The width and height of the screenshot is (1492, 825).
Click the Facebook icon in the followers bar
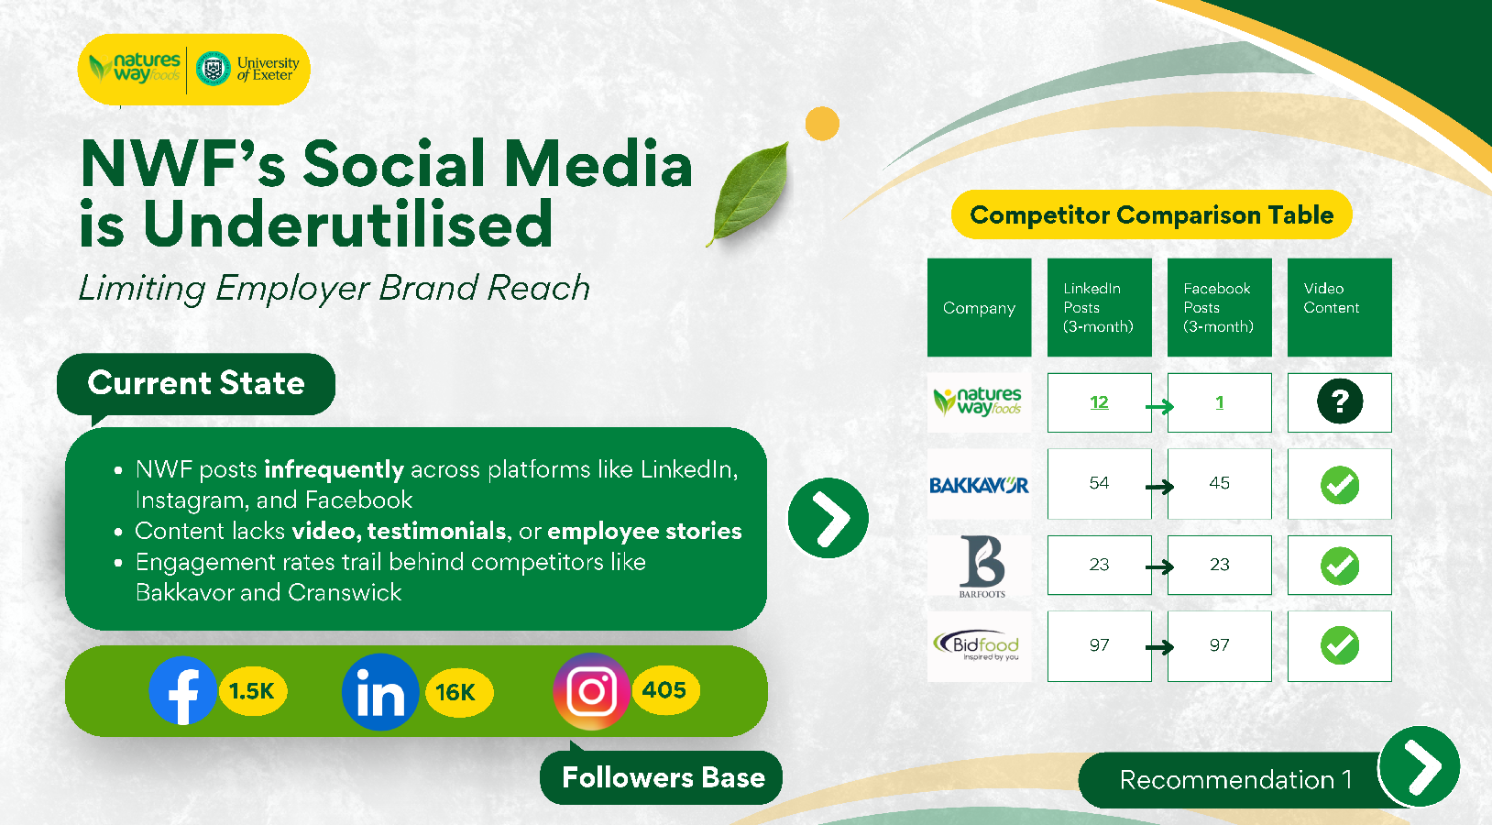click(182, 690)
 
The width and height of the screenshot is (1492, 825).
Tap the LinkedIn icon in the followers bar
click(380, 692)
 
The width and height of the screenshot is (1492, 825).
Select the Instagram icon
click(591, 691)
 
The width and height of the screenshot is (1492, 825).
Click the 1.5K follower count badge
click(252, 691)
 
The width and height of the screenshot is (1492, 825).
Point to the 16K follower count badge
click(458, 692)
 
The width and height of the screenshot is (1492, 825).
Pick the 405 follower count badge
click(664, 689)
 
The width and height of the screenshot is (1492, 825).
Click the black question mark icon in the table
click(1340, 401)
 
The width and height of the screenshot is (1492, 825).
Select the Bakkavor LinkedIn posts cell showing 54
click(1099, 483)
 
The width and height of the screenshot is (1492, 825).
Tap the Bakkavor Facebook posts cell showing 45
click(1220, 483)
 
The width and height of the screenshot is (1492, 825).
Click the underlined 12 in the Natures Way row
click(1099, 402)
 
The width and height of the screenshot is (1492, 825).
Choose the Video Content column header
click(1340, 307)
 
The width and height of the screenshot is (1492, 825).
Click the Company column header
click(979, 307)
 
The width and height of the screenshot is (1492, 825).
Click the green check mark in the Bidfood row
click(1340, 645)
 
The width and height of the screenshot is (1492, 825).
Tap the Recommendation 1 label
click(1235, 780)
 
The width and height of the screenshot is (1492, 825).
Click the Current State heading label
click(196, 383)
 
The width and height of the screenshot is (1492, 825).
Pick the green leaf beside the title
click(750, 193)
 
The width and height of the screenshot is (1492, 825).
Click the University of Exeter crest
click(214, 69)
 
